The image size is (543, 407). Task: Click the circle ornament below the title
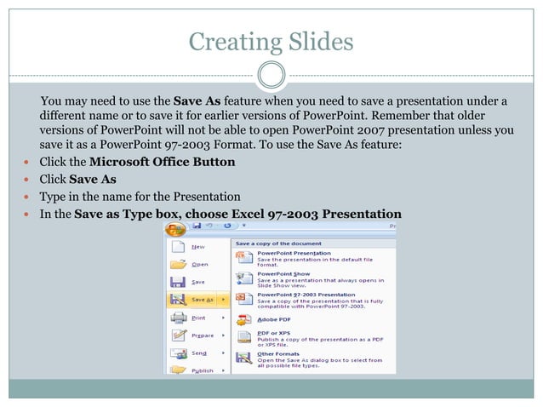tap(271, 74)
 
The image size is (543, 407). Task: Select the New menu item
tap(197, 247)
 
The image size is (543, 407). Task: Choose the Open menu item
tap(199, 264)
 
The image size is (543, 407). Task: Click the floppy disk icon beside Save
tap(179, 282)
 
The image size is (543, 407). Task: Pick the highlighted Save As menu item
tap(203, 300)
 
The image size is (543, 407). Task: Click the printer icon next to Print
tap(179, 318)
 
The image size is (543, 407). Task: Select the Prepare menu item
tap(202, 335)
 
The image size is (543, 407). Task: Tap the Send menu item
tap(199, 353)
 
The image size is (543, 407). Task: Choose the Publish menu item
tap(203, 370)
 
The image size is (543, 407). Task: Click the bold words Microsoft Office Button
tap(162, 162)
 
